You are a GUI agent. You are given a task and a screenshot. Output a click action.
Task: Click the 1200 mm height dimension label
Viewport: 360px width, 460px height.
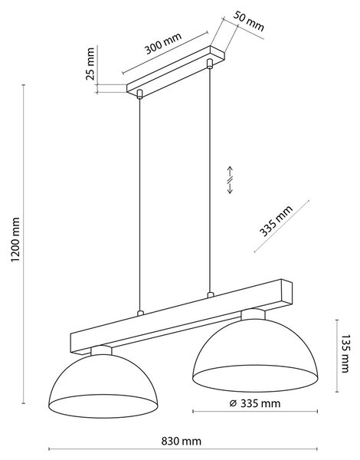(x=15, y=239)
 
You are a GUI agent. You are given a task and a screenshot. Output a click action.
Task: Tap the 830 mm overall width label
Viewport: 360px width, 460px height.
(x=182, y=441)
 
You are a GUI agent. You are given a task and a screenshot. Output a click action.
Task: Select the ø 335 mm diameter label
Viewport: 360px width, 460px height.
(x=255, y=403)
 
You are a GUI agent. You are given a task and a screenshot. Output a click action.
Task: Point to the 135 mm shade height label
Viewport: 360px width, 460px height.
(x=345, y=353)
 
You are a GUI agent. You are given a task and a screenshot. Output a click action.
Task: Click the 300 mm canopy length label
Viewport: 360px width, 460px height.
(x=164, y=44)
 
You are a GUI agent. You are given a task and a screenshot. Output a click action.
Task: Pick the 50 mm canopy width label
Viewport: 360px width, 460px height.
(x=249, y=21)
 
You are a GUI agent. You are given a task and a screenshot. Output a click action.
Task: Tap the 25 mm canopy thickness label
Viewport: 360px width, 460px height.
(x=90, y=64)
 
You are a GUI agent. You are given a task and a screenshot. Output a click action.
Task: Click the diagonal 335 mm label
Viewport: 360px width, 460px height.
(x=276, y=221)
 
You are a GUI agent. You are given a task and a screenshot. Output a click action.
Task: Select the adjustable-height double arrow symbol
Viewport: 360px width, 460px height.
(x=230, y=180)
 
